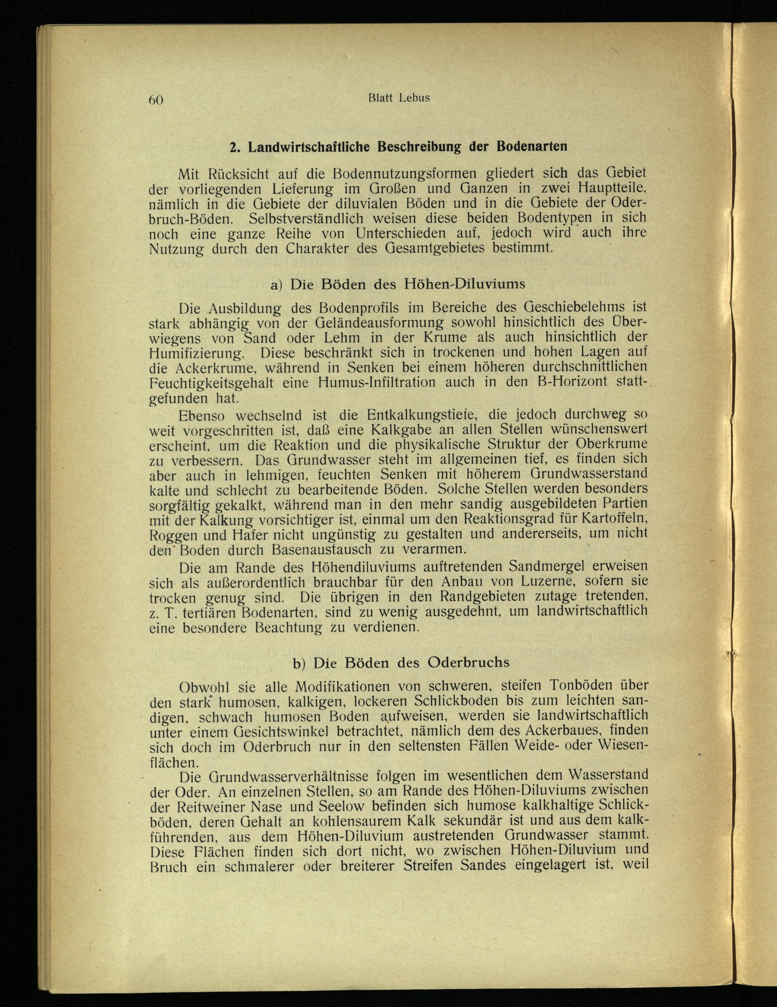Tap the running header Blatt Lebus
pos(399,98)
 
